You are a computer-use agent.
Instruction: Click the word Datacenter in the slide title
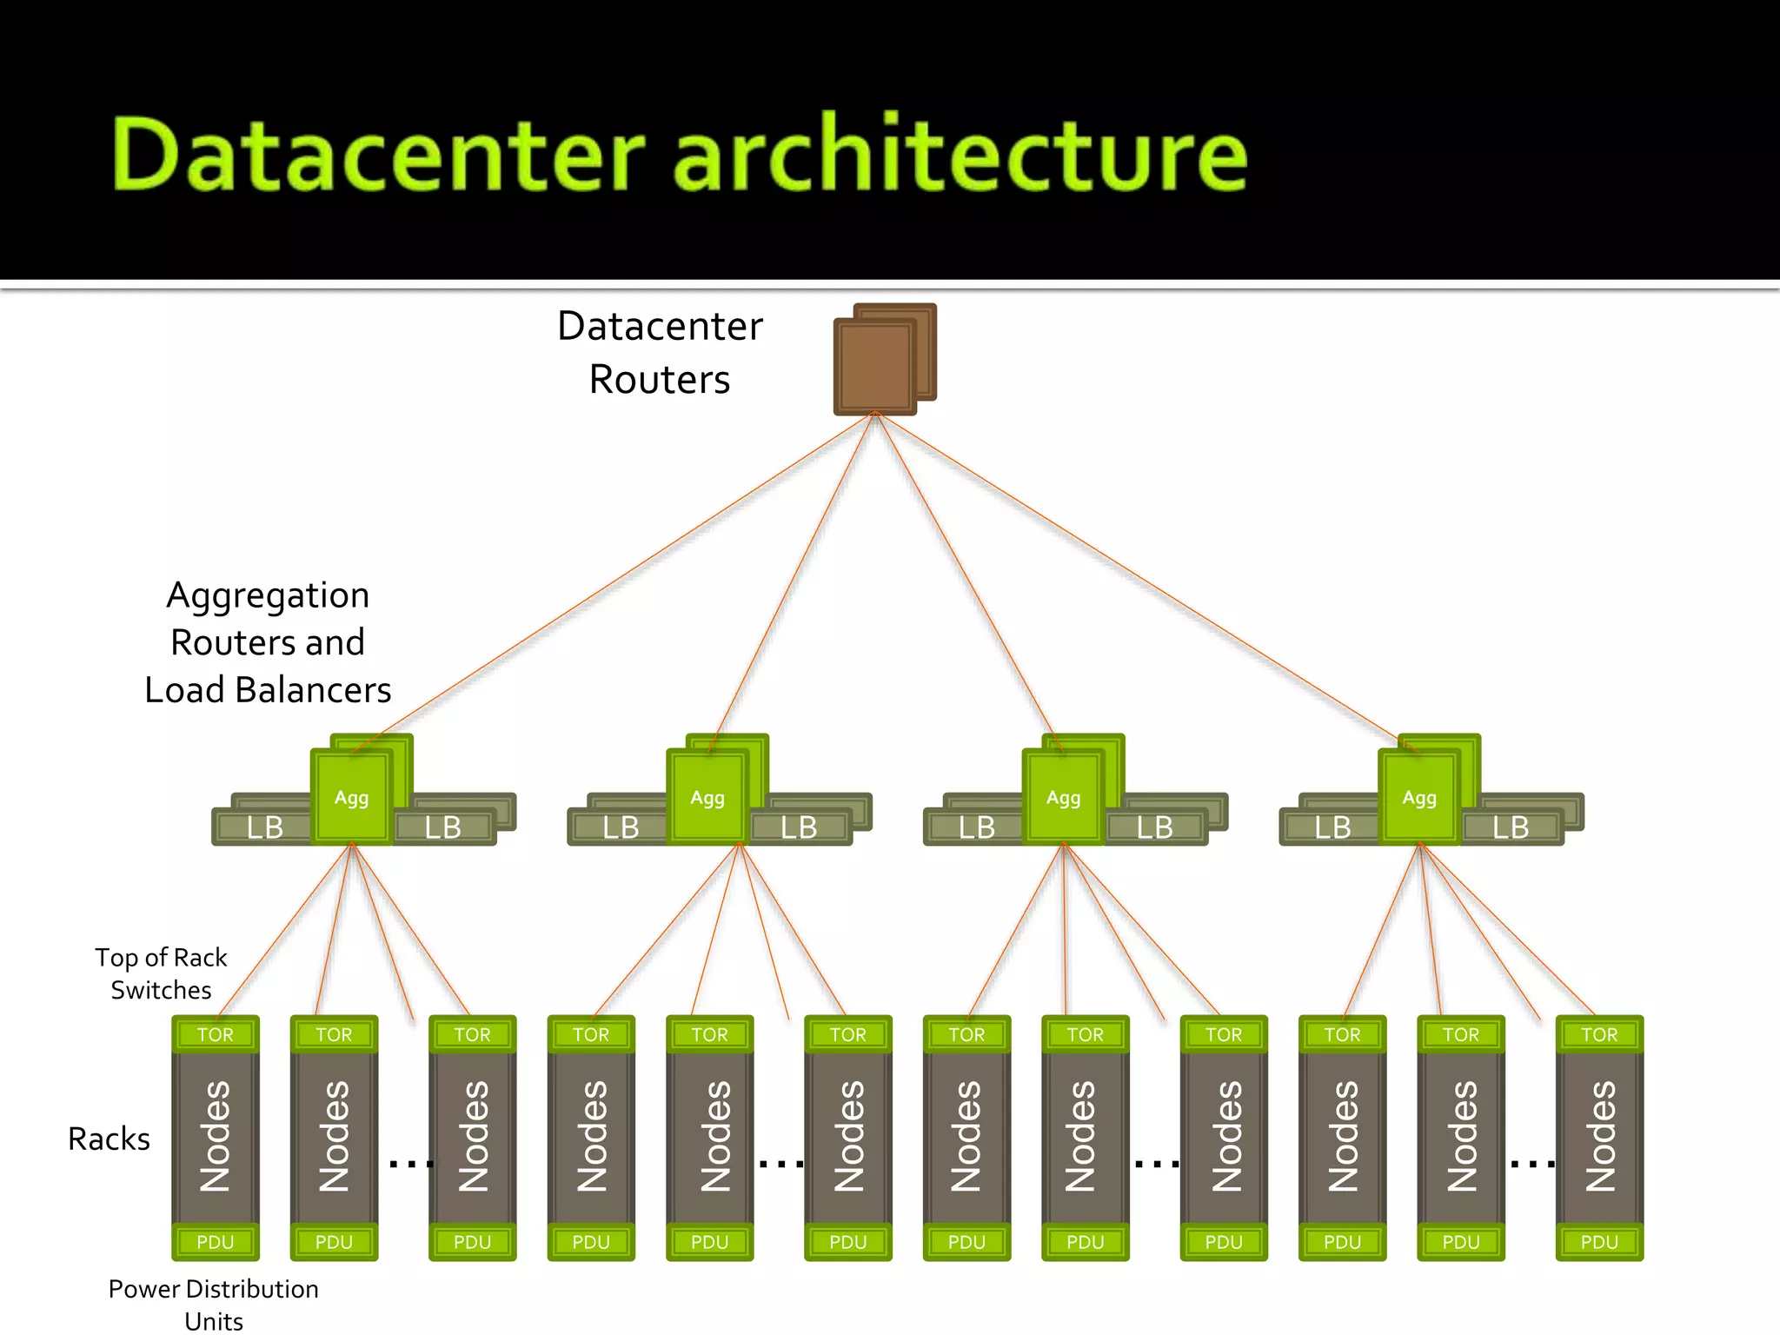pyautogui.click(x=378, y=155)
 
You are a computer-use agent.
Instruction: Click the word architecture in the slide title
pyautogui.click(x=960, y=155)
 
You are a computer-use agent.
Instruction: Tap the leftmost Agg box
pyautogui.click(x=352, y=798)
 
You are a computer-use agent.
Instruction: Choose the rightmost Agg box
pyautogui.click(x=1419, y=798)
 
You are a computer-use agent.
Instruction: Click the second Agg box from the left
pyautogui.click(x=707, y=798)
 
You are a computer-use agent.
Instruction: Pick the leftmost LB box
pyautogui.click(x=263, y=827)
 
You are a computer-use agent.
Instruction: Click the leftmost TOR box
pyautogui.click(x=216, y=1034)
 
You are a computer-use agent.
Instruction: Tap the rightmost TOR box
pyautogui.click(x=1599, y=1034)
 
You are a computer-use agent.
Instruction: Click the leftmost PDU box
pyautogui.click(x=216, y=1242)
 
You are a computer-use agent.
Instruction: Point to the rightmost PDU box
pyautogui.click(x=1599, y=1242)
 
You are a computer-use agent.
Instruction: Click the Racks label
pyautogui.click(x=110, y=1139)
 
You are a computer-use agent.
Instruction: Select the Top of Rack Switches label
pyautogui.click(x=161, y=973)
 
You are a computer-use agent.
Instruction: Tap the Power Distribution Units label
pyautogui.click(x=213, y=1304)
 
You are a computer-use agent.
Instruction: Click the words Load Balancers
pyautogui.click(x=268, y=690)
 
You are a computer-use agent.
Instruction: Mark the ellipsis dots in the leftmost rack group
pyautogui.click(x=411, y=1164)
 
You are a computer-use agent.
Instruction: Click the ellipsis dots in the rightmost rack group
pyautogui.click(x=1533, y=1164)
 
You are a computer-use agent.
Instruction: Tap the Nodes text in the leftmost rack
pyautogui.click(x=216, y=1136)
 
